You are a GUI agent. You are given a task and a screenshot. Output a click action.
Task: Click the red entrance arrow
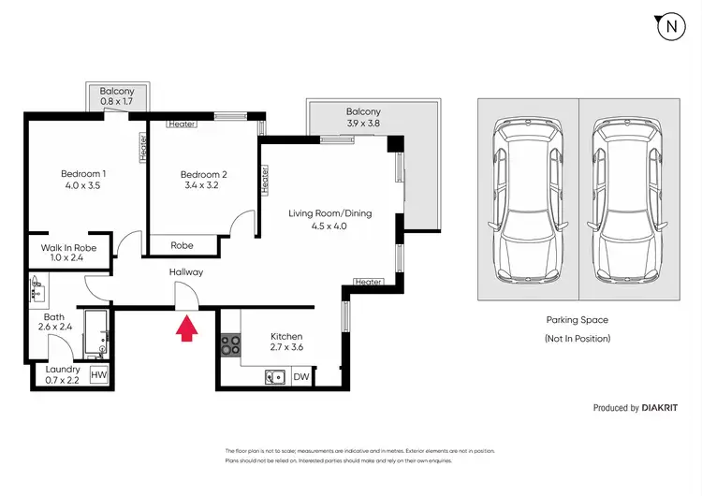pos(186,328)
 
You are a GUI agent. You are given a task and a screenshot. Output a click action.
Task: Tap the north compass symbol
pos(671,27)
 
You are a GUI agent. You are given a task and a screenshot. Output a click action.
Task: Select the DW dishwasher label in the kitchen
pos(301,377)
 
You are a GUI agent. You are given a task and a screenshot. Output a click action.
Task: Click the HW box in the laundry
pos(99,374)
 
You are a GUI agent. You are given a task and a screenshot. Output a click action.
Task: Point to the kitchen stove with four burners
pos(230,345)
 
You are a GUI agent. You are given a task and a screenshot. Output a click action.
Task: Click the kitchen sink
pos(275,377)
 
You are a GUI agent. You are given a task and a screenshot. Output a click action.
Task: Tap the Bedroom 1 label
pos(83,174)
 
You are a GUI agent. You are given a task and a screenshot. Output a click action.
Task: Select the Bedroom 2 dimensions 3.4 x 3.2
pos(201,185)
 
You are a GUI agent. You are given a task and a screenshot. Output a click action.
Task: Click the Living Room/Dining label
pos(330,213)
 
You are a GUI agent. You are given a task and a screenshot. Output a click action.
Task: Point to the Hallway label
pos(186,272)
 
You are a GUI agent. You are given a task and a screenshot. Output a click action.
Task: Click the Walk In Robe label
pos(68,248)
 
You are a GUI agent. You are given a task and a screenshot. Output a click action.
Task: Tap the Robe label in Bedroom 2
pos(182,245)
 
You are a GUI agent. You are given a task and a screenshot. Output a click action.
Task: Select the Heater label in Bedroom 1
pos(143,148)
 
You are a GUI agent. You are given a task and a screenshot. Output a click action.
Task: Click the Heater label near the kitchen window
pos(368,282)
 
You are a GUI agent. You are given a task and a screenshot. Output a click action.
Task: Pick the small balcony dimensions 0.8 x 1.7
pos(116,102)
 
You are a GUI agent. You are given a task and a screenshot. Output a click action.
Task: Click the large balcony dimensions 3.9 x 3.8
pos(363,124)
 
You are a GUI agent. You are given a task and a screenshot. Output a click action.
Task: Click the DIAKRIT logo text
pos(660,408)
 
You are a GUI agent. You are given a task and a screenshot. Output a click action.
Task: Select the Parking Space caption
pos(578,320)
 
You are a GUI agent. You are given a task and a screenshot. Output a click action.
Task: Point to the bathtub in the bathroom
pos(95,334)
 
